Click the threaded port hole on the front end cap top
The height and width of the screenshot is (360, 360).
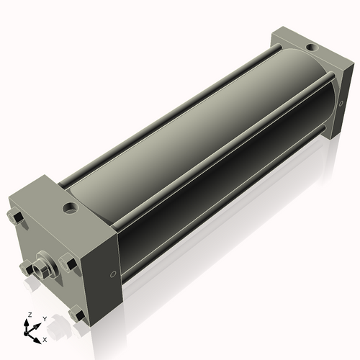point(70,209)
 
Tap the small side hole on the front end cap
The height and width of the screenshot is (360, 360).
point(112,274)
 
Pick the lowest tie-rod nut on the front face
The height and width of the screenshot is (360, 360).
point(76,314)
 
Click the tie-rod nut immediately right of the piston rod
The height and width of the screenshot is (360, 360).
point(68,264)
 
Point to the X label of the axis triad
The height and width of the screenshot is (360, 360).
point(45,338)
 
